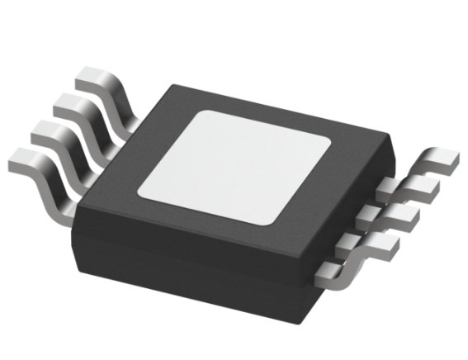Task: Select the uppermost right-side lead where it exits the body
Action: click(x=381, y=191)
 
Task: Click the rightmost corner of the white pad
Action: click(x=329, y=145)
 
